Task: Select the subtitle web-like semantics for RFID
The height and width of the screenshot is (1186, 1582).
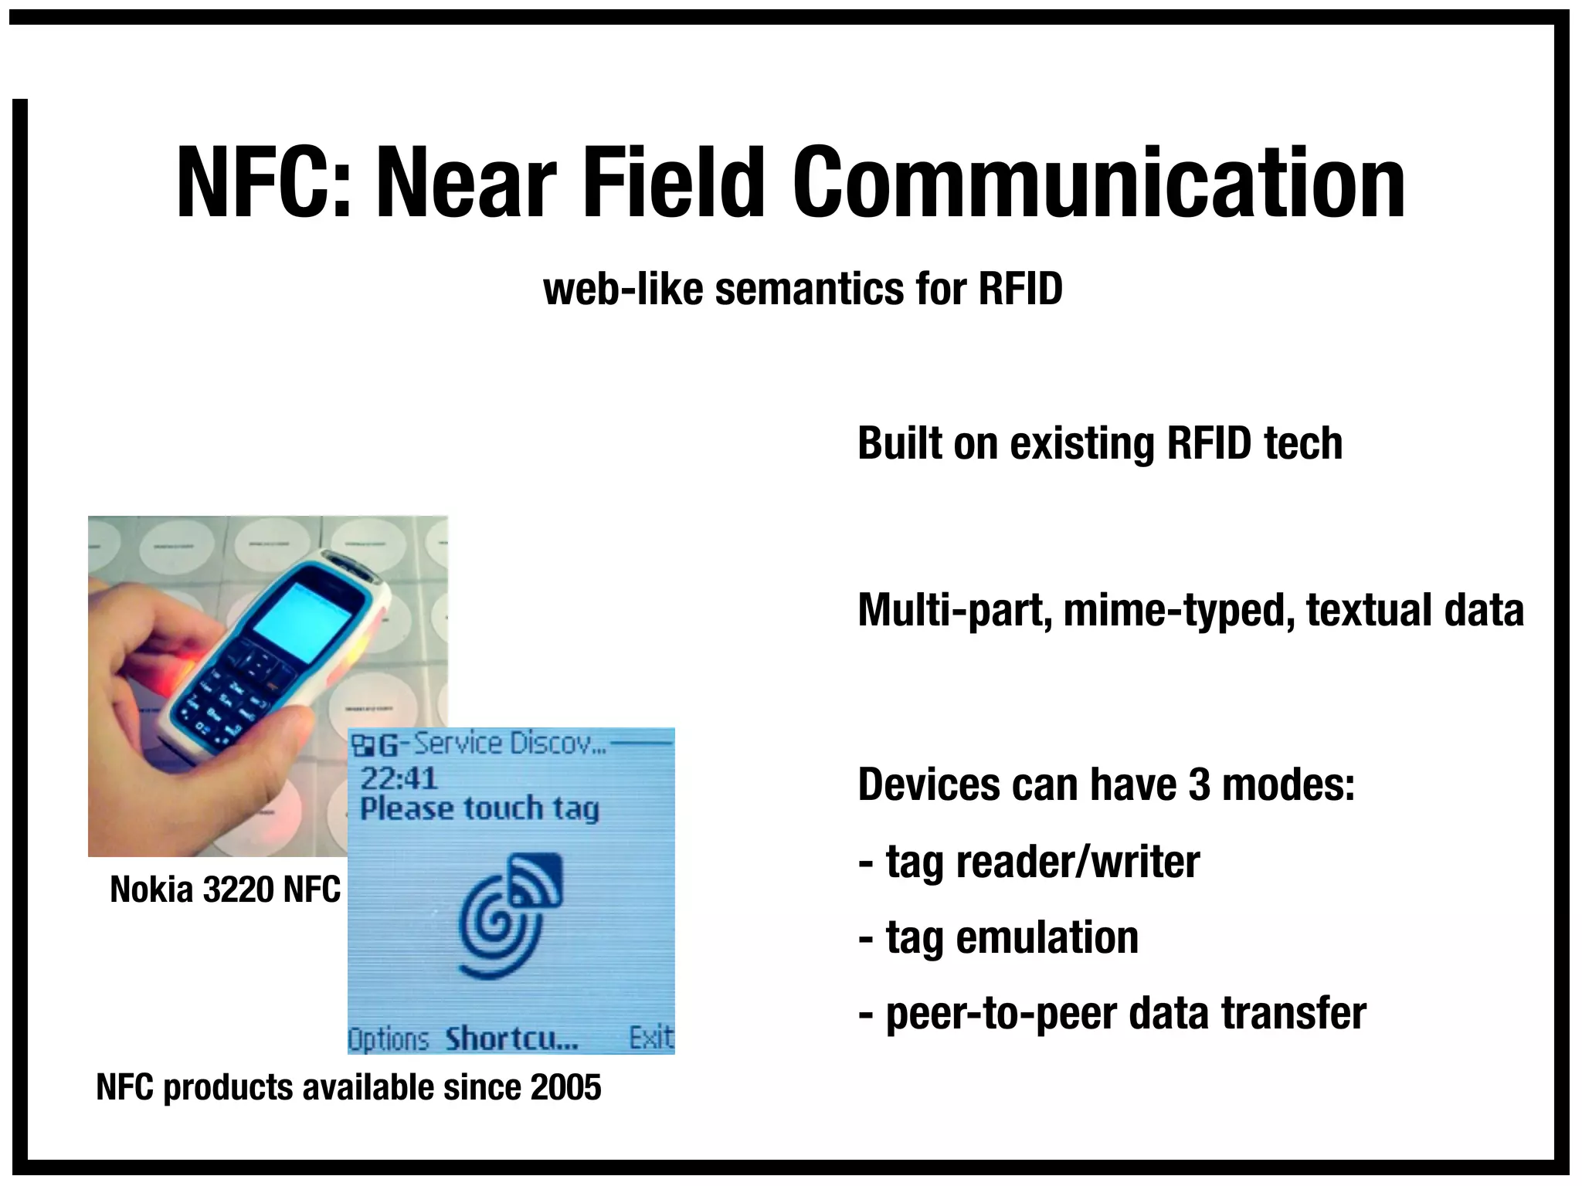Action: tap(803, 290)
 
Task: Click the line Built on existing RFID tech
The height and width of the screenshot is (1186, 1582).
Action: tap(1099, 444)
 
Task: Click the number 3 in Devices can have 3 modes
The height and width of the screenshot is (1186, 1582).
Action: tap(1200, 784)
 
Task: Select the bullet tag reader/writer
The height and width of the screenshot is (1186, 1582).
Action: tap(1030, 862)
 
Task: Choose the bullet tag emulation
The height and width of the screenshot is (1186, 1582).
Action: tap(999, 938)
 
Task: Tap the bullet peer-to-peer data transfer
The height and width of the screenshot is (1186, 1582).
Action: tap(1112, 1014)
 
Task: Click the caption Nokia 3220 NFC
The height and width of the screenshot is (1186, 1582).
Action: tap(225, 889)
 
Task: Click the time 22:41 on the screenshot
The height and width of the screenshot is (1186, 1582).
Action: tap(399, 778)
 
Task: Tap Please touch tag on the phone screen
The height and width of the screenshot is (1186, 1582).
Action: tap(479, 808)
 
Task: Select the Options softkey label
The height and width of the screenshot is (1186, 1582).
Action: tap(388, 1039)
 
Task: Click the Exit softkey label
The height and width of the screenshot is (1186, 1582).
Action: tap(650, 1038)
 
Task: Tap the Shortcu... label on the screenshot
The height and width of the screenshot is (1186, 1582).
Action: tap(511, 1039)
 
